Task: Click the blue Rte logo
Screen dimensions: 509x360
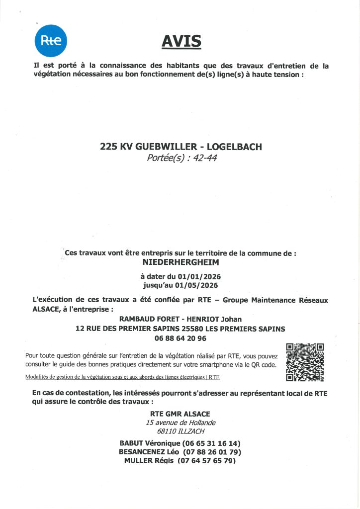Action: tap(51, 40)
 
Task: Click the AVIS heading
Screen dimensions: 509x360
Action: tap(181, 41)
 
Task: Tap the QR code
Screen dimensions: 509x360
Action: tap(305, 362)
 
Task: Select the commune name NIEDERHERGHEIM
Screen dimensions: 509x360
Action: tap(180, 261)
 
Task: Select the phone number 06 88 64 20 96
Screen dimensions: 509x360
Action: tap(180, 338)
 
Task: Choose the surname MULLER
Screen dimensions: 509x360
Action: tap(141, 461)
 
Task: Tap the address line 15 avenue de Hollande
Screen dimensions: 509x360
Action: tap(180, 423)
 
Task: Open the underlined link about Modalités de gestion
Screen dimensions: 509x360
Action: tap(122, 377)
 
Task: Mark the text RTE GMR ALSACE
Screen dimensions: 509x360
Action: tap(180, 414)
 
